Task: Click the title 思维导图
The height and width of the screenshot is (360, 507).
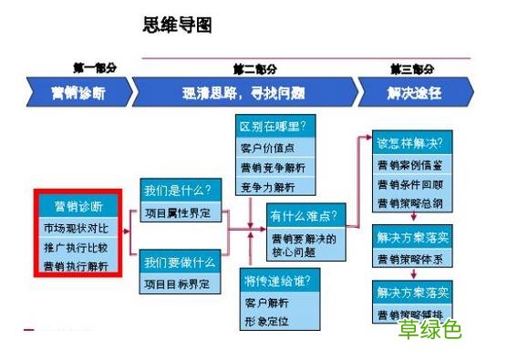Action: coord(178,25)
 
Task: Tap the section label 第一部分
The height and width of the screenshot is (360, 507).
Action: coord(95,68)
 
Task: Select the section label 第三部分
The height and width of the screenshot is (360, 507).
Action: coord(411,68)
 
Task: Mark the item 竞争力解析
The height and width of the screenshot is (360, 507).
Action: coord(268,187)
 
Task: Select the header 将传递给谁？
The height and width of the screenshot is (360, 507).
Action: coord(277,279)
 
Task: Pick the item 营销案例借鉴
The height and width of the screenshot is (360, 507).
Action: coord(411,165)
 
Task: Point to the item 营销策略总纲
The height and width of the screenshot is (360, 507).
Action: coord(411,202)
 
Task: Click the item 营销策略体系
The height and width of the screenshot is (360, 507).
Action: coord(411,259)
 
